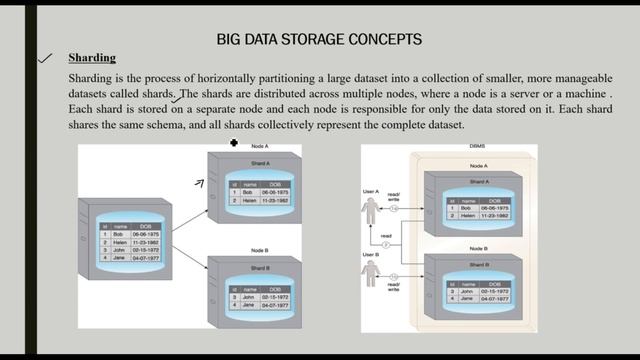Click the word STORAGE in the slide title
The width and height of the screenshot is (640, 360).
(329, 39)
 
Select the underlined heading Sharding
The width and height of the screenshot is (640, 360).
(92, 58)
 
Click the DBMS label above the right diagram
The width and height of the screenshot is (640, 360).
(477, 148)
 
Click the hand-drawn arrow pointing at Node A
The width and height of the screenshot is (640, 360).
(201, 181)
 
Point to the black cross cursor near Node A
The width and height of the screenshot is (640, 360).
(234, 143)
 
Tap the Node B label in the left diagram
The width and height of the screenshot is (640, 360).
(259, 253)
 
